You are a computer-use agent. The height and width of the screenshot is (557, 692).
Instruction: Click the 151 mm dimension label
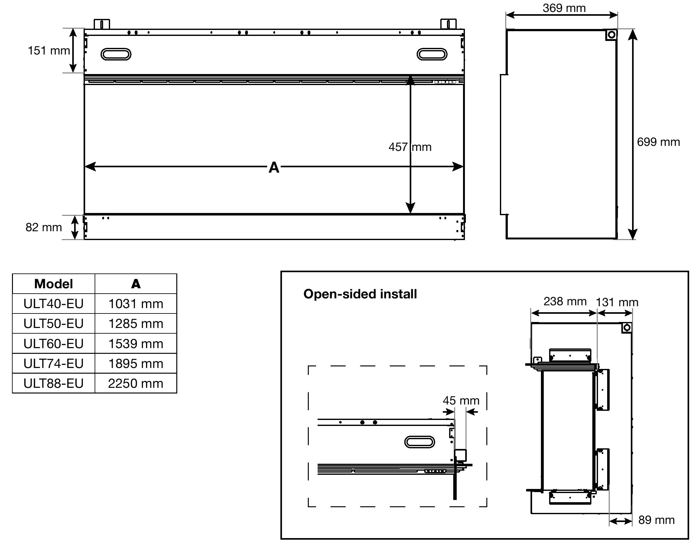(x=49, y=51)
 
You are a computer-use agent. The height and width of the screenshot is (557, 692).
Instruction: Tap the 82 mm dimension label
(x=44, y=227)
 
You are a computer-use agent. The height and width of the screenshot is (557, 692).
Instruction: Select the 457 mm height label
(x=410, y=147)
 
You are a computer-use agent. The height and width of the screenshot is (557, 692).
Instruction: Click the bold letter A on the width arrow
(x=274, y=167)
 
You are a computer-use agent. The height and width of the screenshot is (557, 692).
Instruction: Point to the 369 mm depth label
(x=564, y=8)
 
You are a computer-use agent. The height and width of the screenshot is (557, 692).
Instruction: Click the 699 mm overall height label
(x=658, y=142)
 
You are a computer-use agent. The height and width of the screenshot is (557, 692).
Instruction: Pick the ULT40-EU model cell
(x=53, y=303)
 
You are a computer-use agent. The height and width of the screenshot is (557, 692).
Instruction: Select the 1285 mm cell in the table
(x=136, y=324)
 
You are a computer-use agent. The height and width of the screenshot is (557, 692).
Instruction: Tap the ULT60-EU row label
(x=53, y=344)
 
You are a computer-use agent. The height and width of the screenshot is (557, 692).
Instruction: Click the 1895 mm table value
(x=136, y=364)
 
